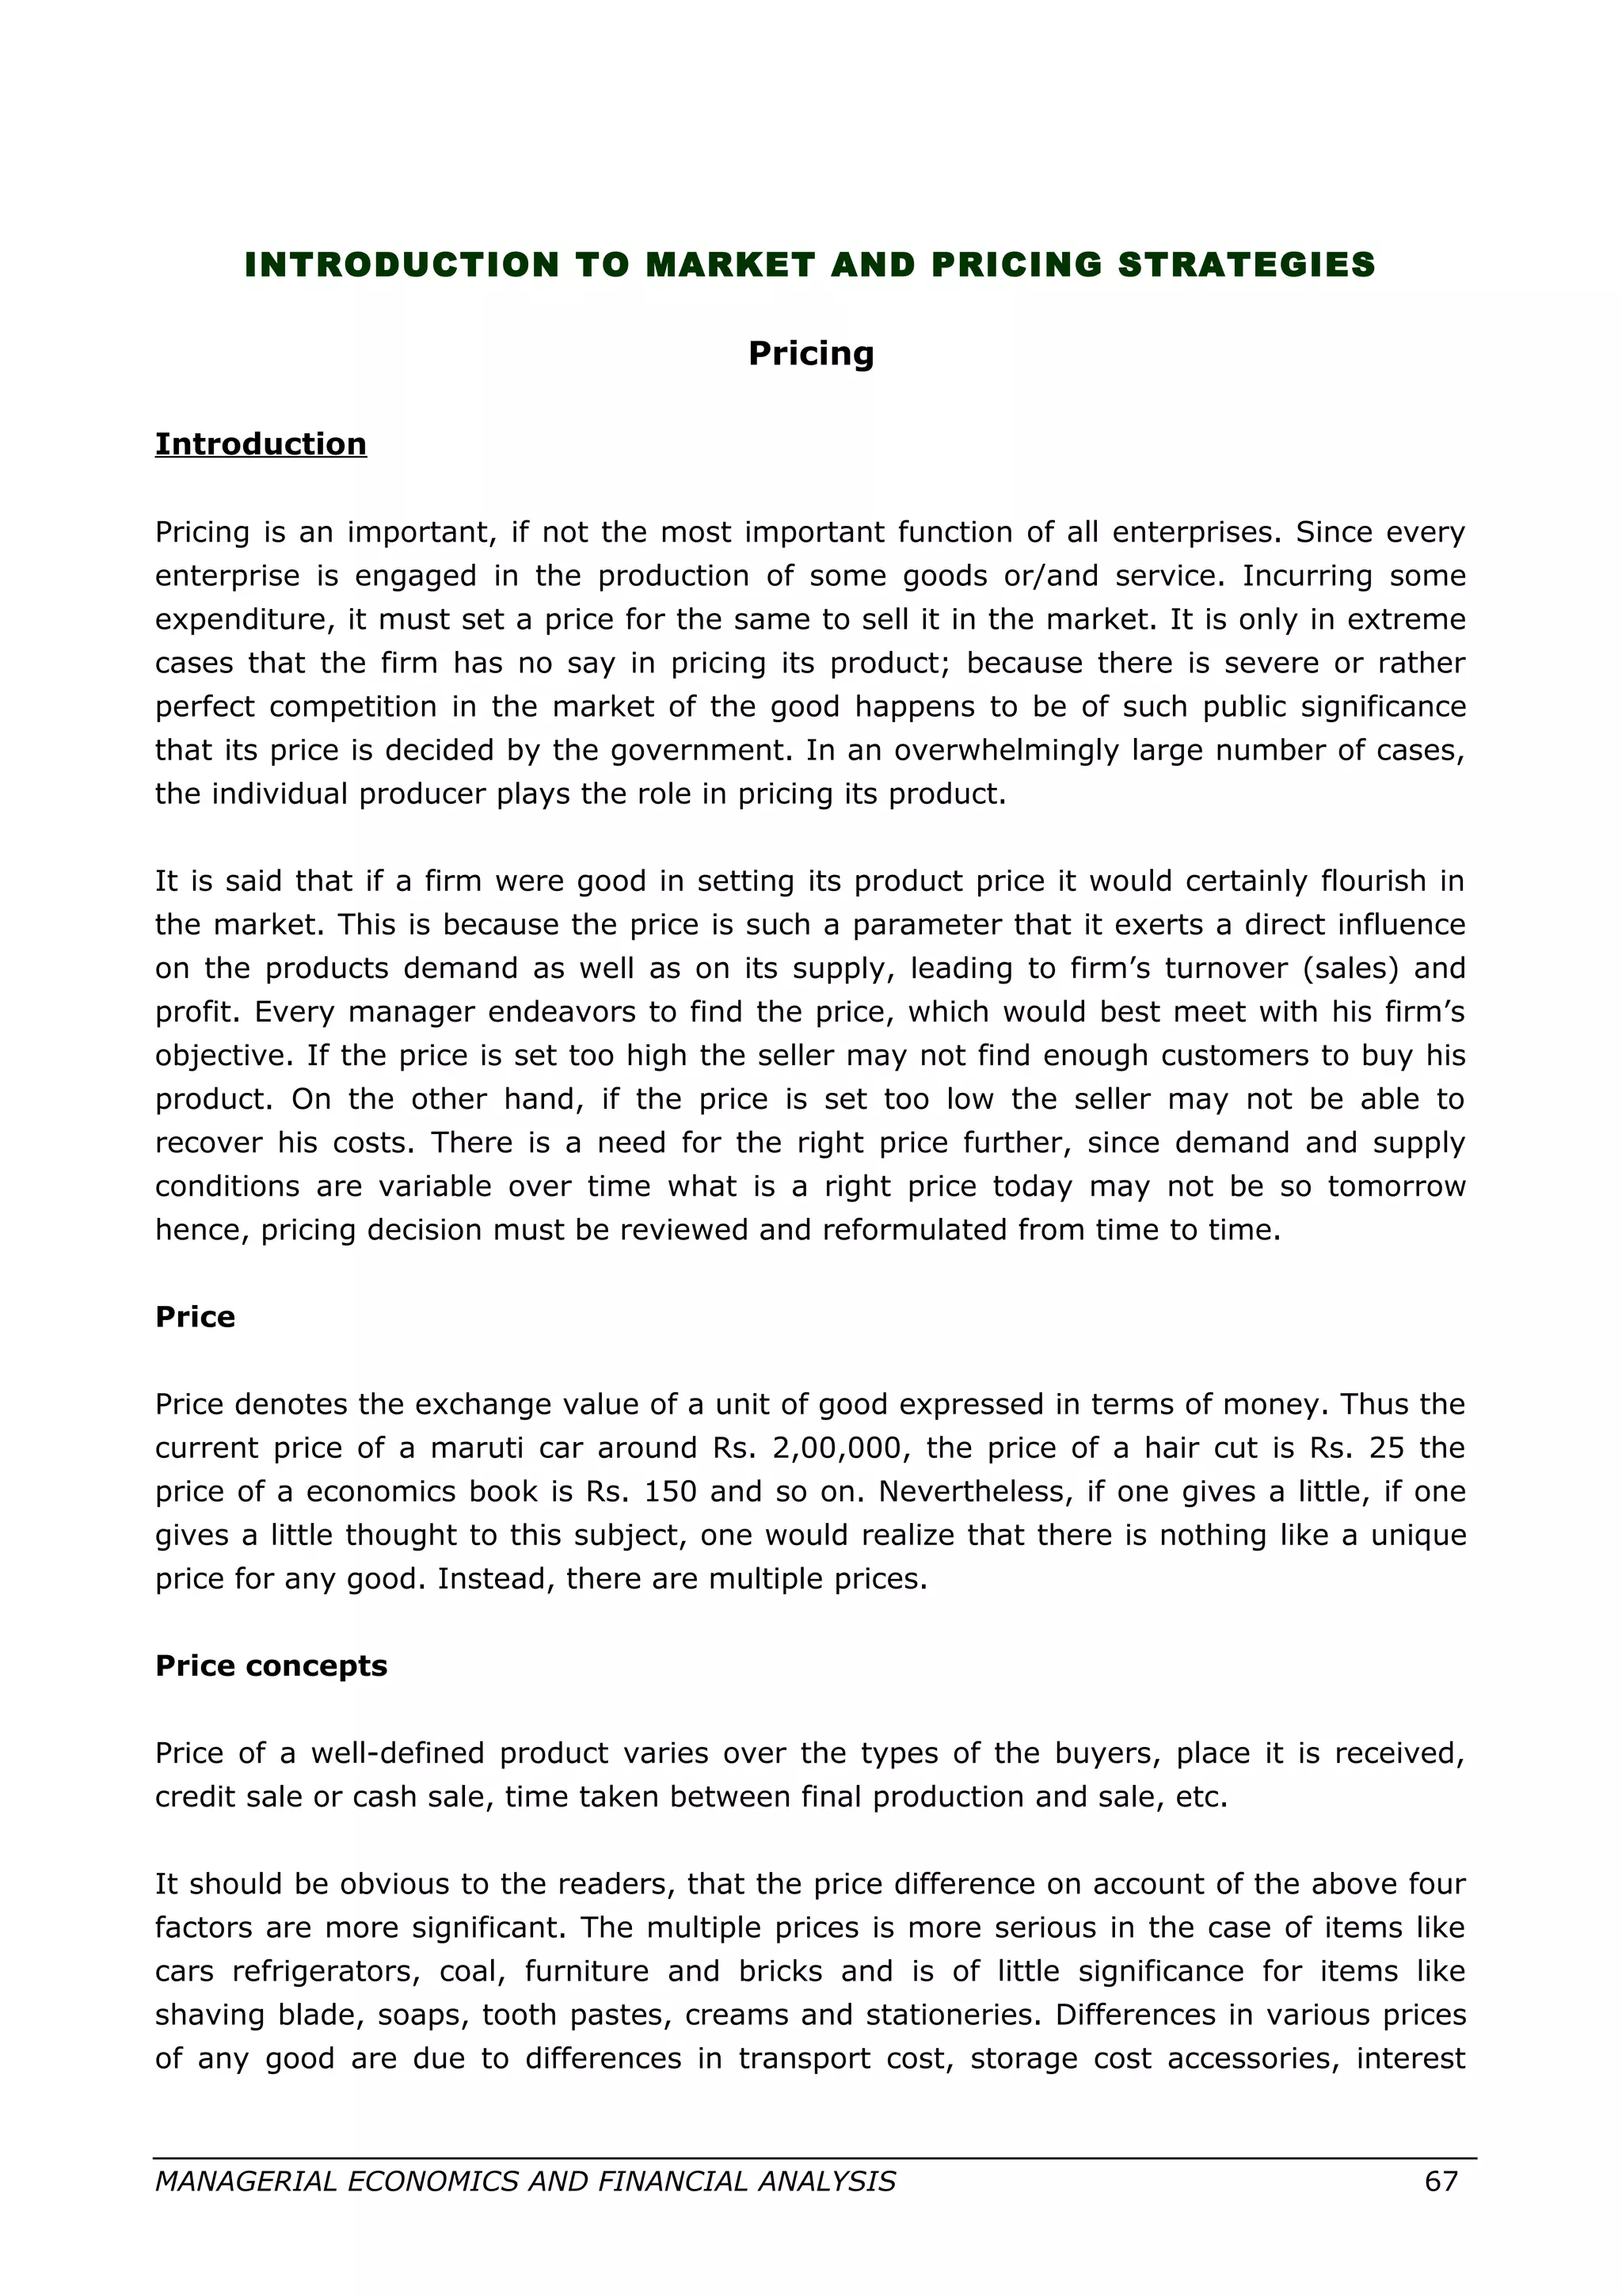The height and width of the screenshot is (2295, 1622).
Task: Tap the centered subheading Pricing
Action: (x=810, y=353)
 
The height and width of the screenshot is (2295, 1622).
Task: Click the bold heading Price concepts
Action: (x=271, y=1665)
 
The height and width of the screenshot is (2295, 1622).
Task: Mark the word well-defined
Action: (x=398, y=1753)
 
